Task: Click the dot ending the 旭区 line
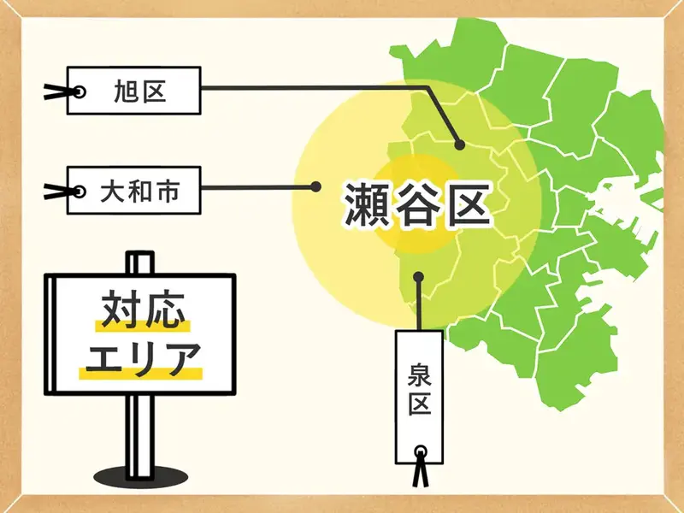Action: click(x=460, y=144)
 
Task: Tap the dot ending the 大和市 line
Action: click(x=316, y=186)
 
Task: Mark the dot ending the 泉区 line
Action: click(x=418, y=276)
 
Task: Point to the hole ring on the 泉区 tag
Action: click(x=419, y=451)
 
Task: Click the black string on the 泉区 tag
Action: click(x=419, y=473)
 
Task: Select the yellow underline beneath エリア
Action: click(x=143, y=374)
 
